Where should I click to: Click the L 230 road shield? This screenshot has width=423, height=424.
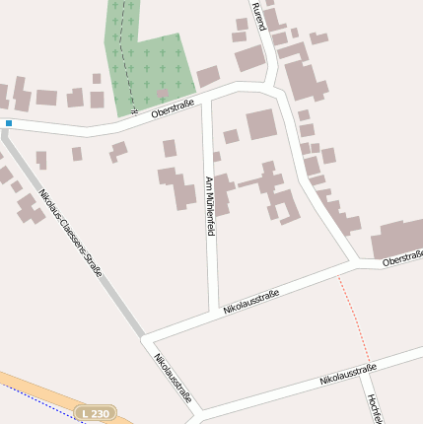(x=97, y=413)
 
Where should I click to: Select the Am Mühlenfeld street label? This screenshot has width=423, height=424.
(x=209, y=205)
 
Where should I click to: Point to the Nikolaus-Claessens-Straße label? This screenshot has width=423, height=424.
(x=71, y=232)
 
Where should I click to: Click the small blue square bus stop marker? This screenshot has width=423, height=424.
(x=8, y=123)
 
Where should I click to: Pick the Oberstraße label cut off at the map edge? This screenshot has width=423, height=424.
(x=402, y=258)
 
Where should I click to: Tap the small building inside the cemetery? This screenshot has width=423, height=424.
(x=162, y=93)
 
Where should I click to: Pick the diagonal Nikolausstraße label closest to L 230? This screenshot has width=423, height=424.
(x=173, y=379)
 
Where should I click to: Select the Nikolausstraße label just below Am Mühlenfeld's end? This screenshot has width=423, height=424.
(x=251, y=302)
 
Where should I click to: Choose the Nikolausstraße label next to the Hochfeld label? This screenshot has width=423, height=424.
(x=348, y=375)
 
